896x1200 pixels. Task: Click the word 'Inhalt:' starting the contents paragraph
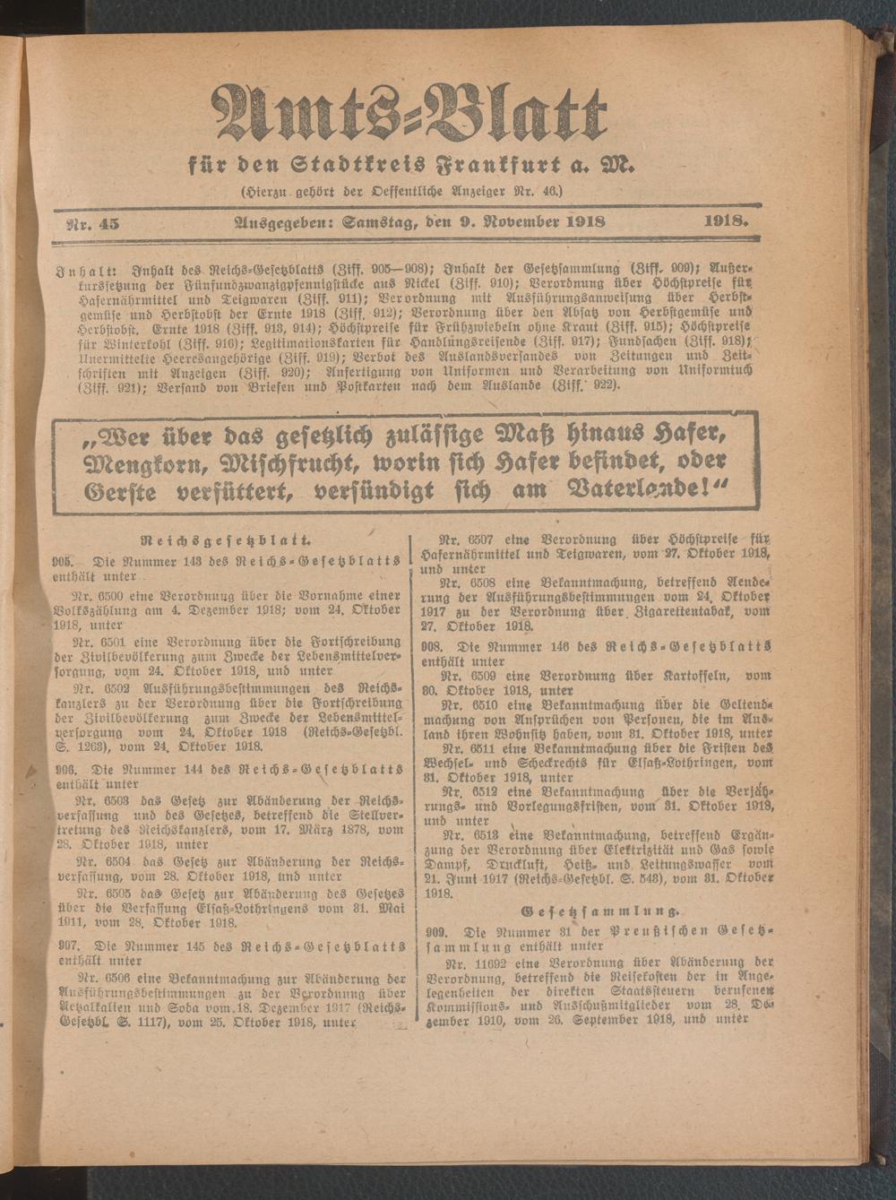click(84, 269)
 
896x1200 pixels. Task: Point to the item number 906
click(62, 770)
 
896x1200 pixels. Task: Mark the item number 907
click(62, 945)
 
